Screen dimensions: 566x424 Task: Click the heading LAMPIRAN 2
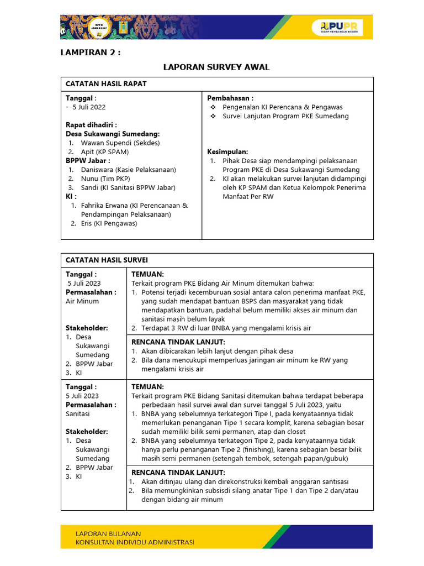(89, 53)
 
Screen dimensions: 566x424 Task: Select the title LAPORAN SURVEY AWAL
(216, 67)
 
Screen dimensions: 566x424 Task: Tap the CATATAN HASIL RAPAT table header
(106, 83)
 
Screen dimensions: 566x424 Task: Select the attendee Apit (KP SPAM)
(105, 151)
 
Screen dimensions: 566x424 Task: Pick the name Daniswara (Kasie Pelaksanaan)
(128, 170)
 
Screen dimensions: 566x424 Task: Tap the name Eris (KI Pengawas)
(109, 223)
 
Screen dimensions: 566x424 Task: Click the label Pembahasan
(230, 98)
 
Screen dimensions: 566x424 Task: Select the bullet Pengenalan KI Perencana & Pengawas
(282, 107)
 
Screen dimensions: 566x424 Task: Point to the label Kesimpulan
(227, 151)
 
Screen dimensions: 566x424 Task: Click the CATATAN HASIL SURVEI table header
(107, 260)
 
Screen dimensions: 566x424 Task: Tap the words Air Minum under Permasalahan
(82, 301)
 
